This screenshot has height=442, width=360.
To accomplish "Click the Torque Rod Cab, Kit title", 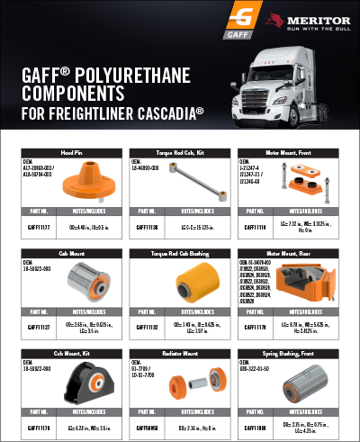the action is tap(179, 154).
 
